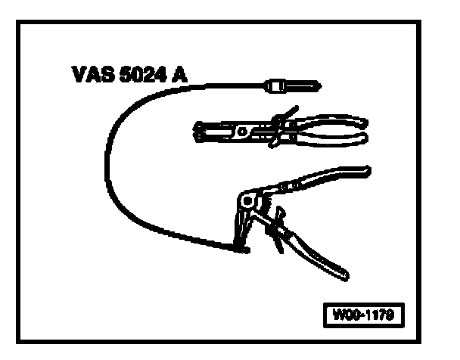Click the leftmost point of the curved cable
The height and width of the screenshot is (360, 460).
(x=105, y=163)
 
